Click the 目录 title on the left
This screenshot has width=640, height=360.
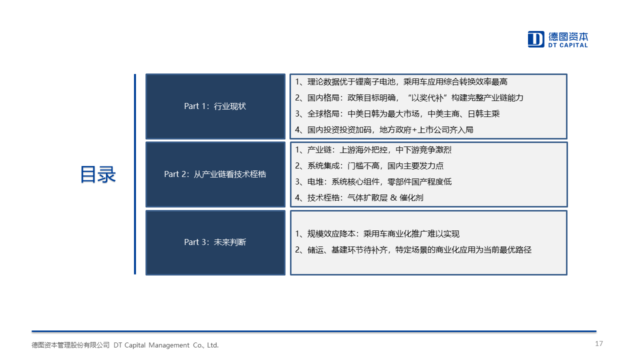(97, 174)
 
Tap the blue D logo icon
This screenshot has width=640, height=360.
(535, 39)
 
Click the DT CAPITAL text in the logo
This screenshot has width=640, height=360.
(567, 45)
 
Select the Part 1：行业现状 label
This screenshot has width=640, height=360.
(215, 106)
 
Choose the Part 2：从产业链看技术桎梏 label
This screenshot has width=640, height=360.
(215, 174)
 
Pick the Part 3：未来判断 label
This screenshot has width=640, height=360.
(215, 242)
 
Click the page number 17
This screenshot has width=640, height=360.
(599, 343)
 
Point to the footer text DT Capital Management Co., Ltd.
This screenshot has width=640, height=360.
(166, 345)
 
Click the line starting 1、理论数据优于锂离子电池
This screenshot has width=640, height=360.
(401, 82)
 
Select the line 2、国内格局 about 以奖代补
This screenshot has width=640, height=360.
(409, 98)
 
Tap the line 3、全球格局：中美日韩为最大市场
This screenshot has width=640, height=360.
(397, 114)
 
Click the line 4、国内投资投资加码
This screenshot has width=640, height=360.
(384, 130)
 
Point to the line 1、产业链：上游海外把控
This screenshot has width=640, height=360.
(373, 150)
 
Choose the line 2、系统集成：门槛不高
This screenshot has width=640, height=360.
(369, 166)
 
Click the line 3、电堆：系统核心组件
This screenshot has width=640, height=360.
(373, 182)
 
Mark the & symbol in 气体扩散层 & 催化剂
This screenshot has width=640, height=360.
(393, 197)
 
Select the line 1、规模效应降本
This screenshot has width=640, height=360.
(377, 234)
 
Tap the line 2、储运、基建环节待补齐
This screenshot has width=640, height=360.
(413, 250)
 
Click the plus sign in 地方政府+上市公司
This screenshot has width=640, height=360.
(414, 130)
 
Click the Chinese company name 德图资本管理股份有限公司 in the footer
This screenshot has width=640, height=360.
(70, 345)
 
